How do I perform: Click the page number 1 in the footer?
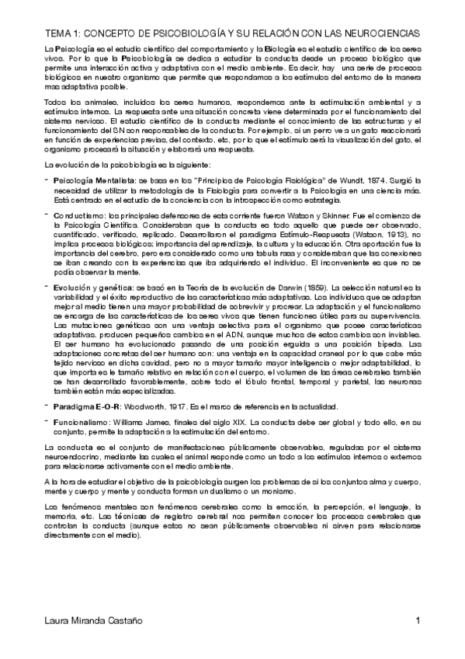[418, 622]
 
